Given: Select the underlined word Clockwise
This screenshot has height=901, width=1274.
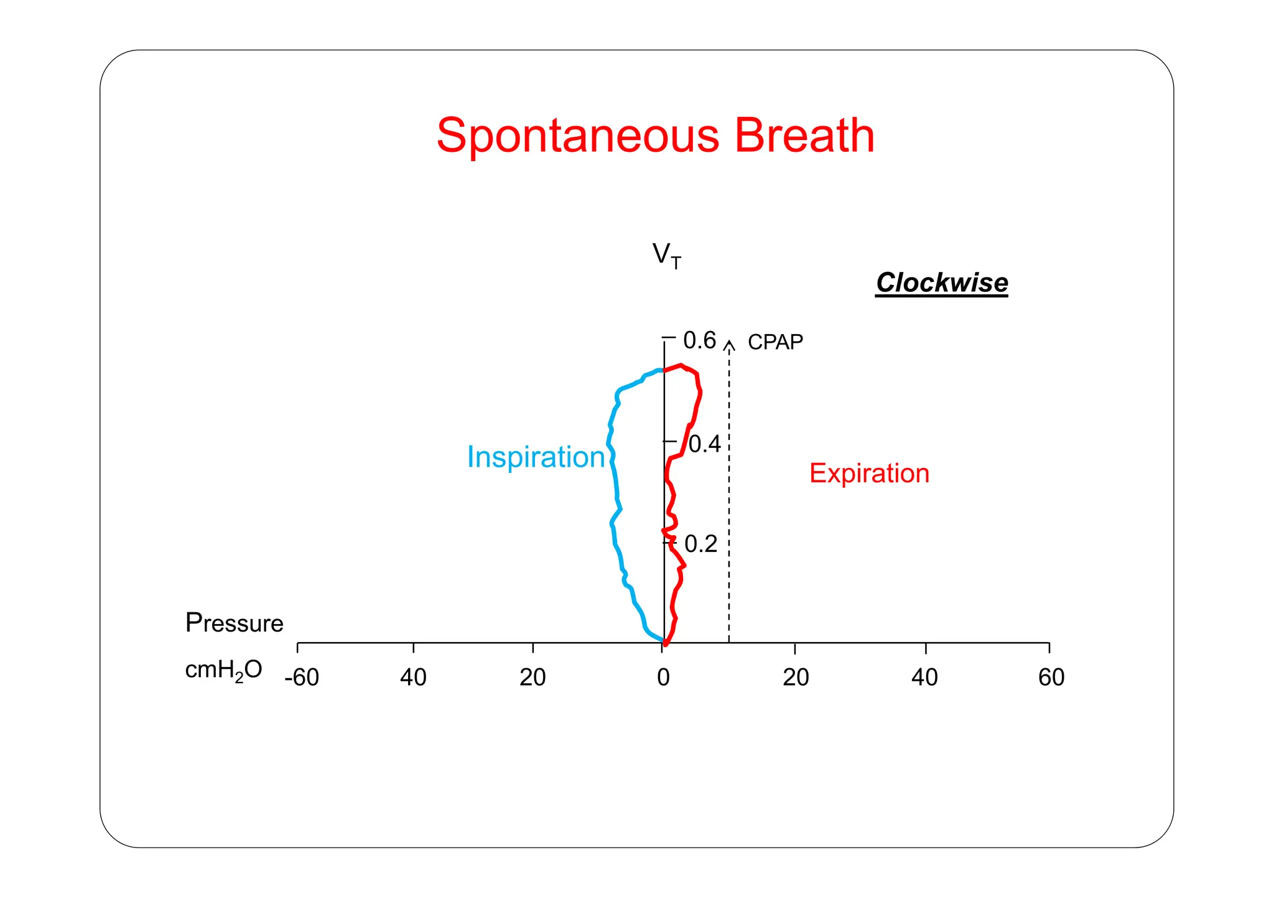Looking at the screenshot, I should (x=942, y=282).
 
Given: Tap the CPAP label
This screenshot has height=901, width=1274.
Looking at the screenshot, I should (x=775, y=342).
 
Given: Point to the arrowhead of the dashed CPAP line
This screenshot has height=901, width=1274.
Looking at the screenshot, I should (x=730, y=344).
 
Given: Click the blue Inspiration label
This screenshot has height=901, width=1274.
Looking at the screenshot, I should (x=536, y=457).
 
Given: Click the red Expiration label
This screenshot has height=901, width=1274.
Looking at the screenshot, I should (x=869, y=474).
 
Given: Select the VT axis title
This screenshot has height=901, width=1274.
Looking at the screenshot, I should (x=666, y=255).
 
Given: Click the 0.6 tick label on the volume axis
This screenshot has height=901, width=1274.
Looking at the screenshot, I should (x=699, y=340).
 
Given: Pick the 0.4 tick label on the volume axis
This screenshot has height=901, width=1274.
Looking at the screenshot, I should (x=704, y=444).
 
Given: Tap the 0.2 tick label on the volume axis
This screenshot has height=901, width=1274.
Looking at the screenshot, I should (x=700, y=544).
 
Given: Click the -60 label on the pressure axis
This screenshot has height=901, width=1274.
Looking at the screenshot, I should (x=302, y=677).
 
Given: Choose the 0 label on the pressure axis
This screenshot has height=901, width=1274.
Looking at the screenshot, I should (x=663, y=677).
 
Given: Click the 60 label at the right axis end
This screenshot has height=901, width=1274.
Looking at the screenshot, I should (x=1051, y=677).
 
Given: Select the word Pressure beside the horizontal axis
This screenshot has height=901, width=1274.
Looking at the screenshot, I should (x=234, y=623).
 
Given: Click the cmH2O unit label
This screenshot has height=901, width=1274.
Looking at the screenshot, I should (x=223, y=670).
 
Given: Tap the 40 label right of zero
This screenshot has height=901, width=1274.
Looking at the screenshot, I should (x=924, y=677).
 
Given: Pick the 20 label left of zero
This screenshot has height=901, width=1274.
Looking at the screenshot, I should (x=532, y=677).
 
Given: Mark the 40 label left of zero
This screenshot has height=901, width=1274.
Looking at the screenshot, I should (x=413, y=677).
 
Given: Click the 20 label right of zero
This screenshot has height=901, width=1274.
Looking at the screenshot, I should (x=796, y=677).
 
